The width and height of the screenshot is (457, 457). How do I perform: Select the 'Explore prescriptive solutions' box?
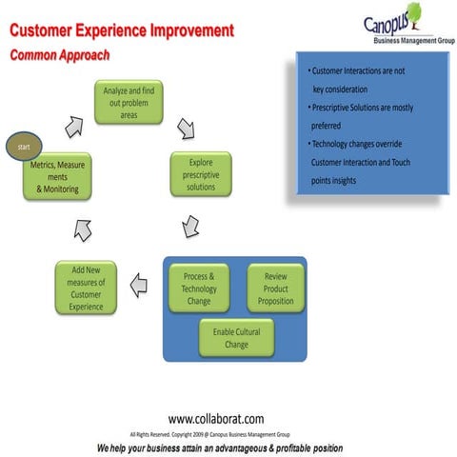201,173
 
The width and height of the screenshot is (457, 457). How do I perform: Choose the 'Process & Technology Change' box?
199,288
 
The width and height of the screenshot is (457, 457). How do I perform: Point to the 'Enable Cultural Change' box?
236,336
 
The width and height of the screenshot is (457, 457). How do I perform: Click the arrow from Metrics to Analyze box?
73,126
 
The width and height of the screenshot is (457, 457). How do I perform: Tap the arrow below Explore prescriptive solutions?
190,226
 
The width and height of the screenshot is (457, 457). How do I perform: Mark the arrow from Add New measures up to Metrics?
83,228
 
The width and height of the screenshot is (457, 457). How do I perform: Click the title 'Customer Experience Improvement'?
121,31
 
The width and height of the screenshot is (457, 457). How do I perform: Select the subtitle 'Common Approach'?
60,55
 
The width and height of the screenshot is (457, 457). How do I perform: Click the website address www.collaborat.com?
216,418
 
